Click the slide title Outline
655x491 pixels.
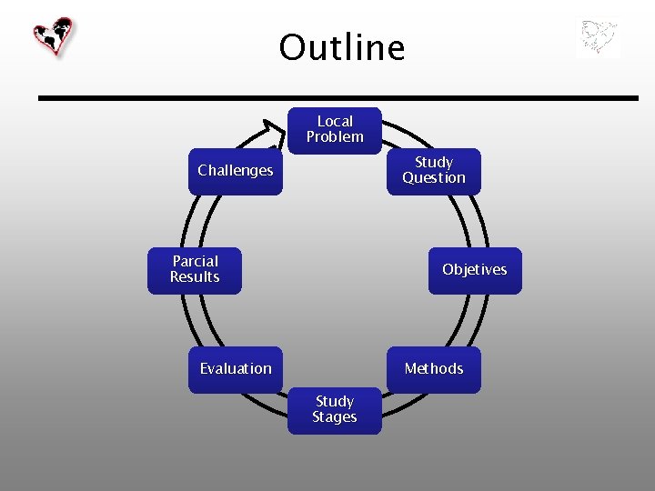(x=341, y=47)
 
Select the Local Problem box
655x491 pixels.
(x=335, y=130)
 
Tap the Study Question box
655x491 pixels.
(x=434, y=171)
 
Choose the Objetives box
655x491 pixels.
(x=475, y=270)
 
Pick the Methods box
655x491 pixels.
(x=434, y=368)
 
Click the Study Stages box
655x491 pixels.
(x=335, y=410)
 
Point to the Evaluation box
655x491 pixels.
(x=236, y=368)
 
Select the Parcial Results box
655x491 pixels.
(x=195, y=270)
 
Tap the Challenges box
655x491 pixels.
(x=236, y=171)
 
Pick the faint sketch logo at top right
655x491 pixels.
(x=598, y=39)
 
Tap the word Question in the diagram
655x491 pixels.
(x=434, y=178)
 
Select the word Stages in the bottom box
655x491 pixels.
(x=335, y=417)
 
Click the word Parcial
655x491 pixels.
(x=195, y=262)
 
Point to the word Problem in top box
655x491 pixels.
(x=335, y=137)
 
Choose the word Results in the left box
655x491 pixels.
(x=195, y=277)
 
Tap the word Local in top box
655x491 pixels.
(x=335, y=121)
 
